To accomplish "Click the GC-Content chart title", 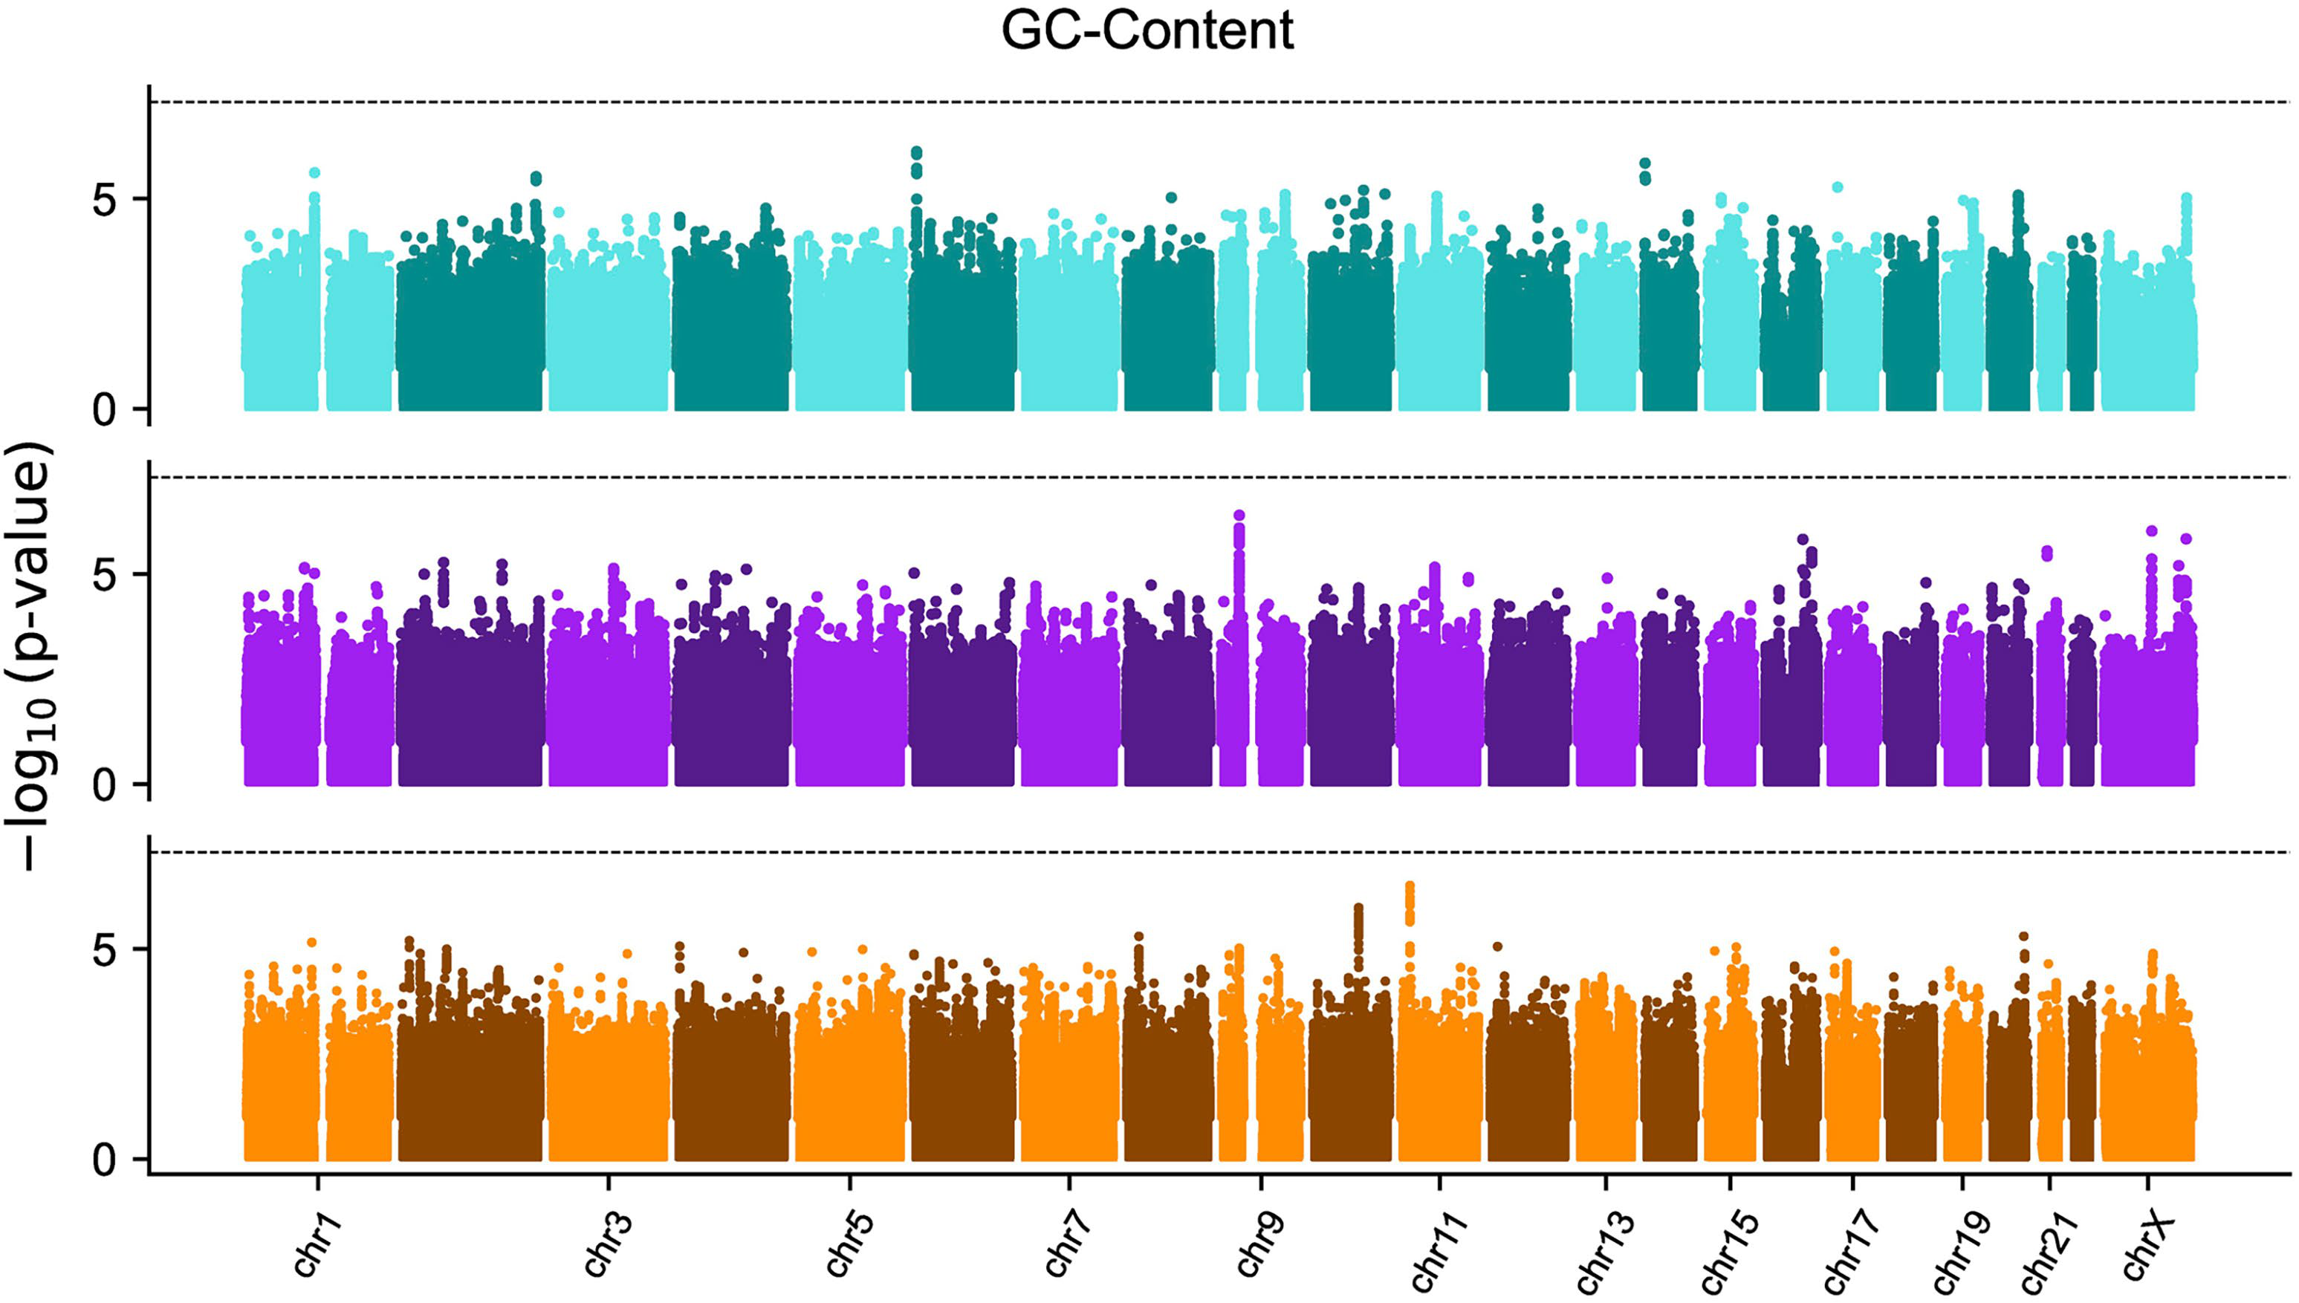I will pos(1147,31).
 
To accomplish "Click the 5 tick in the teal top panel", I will pos(106,201).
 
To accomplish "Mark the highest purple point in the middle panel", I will pos(1239,516).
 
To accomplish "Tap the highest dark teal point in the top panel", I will pos(916,153).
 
